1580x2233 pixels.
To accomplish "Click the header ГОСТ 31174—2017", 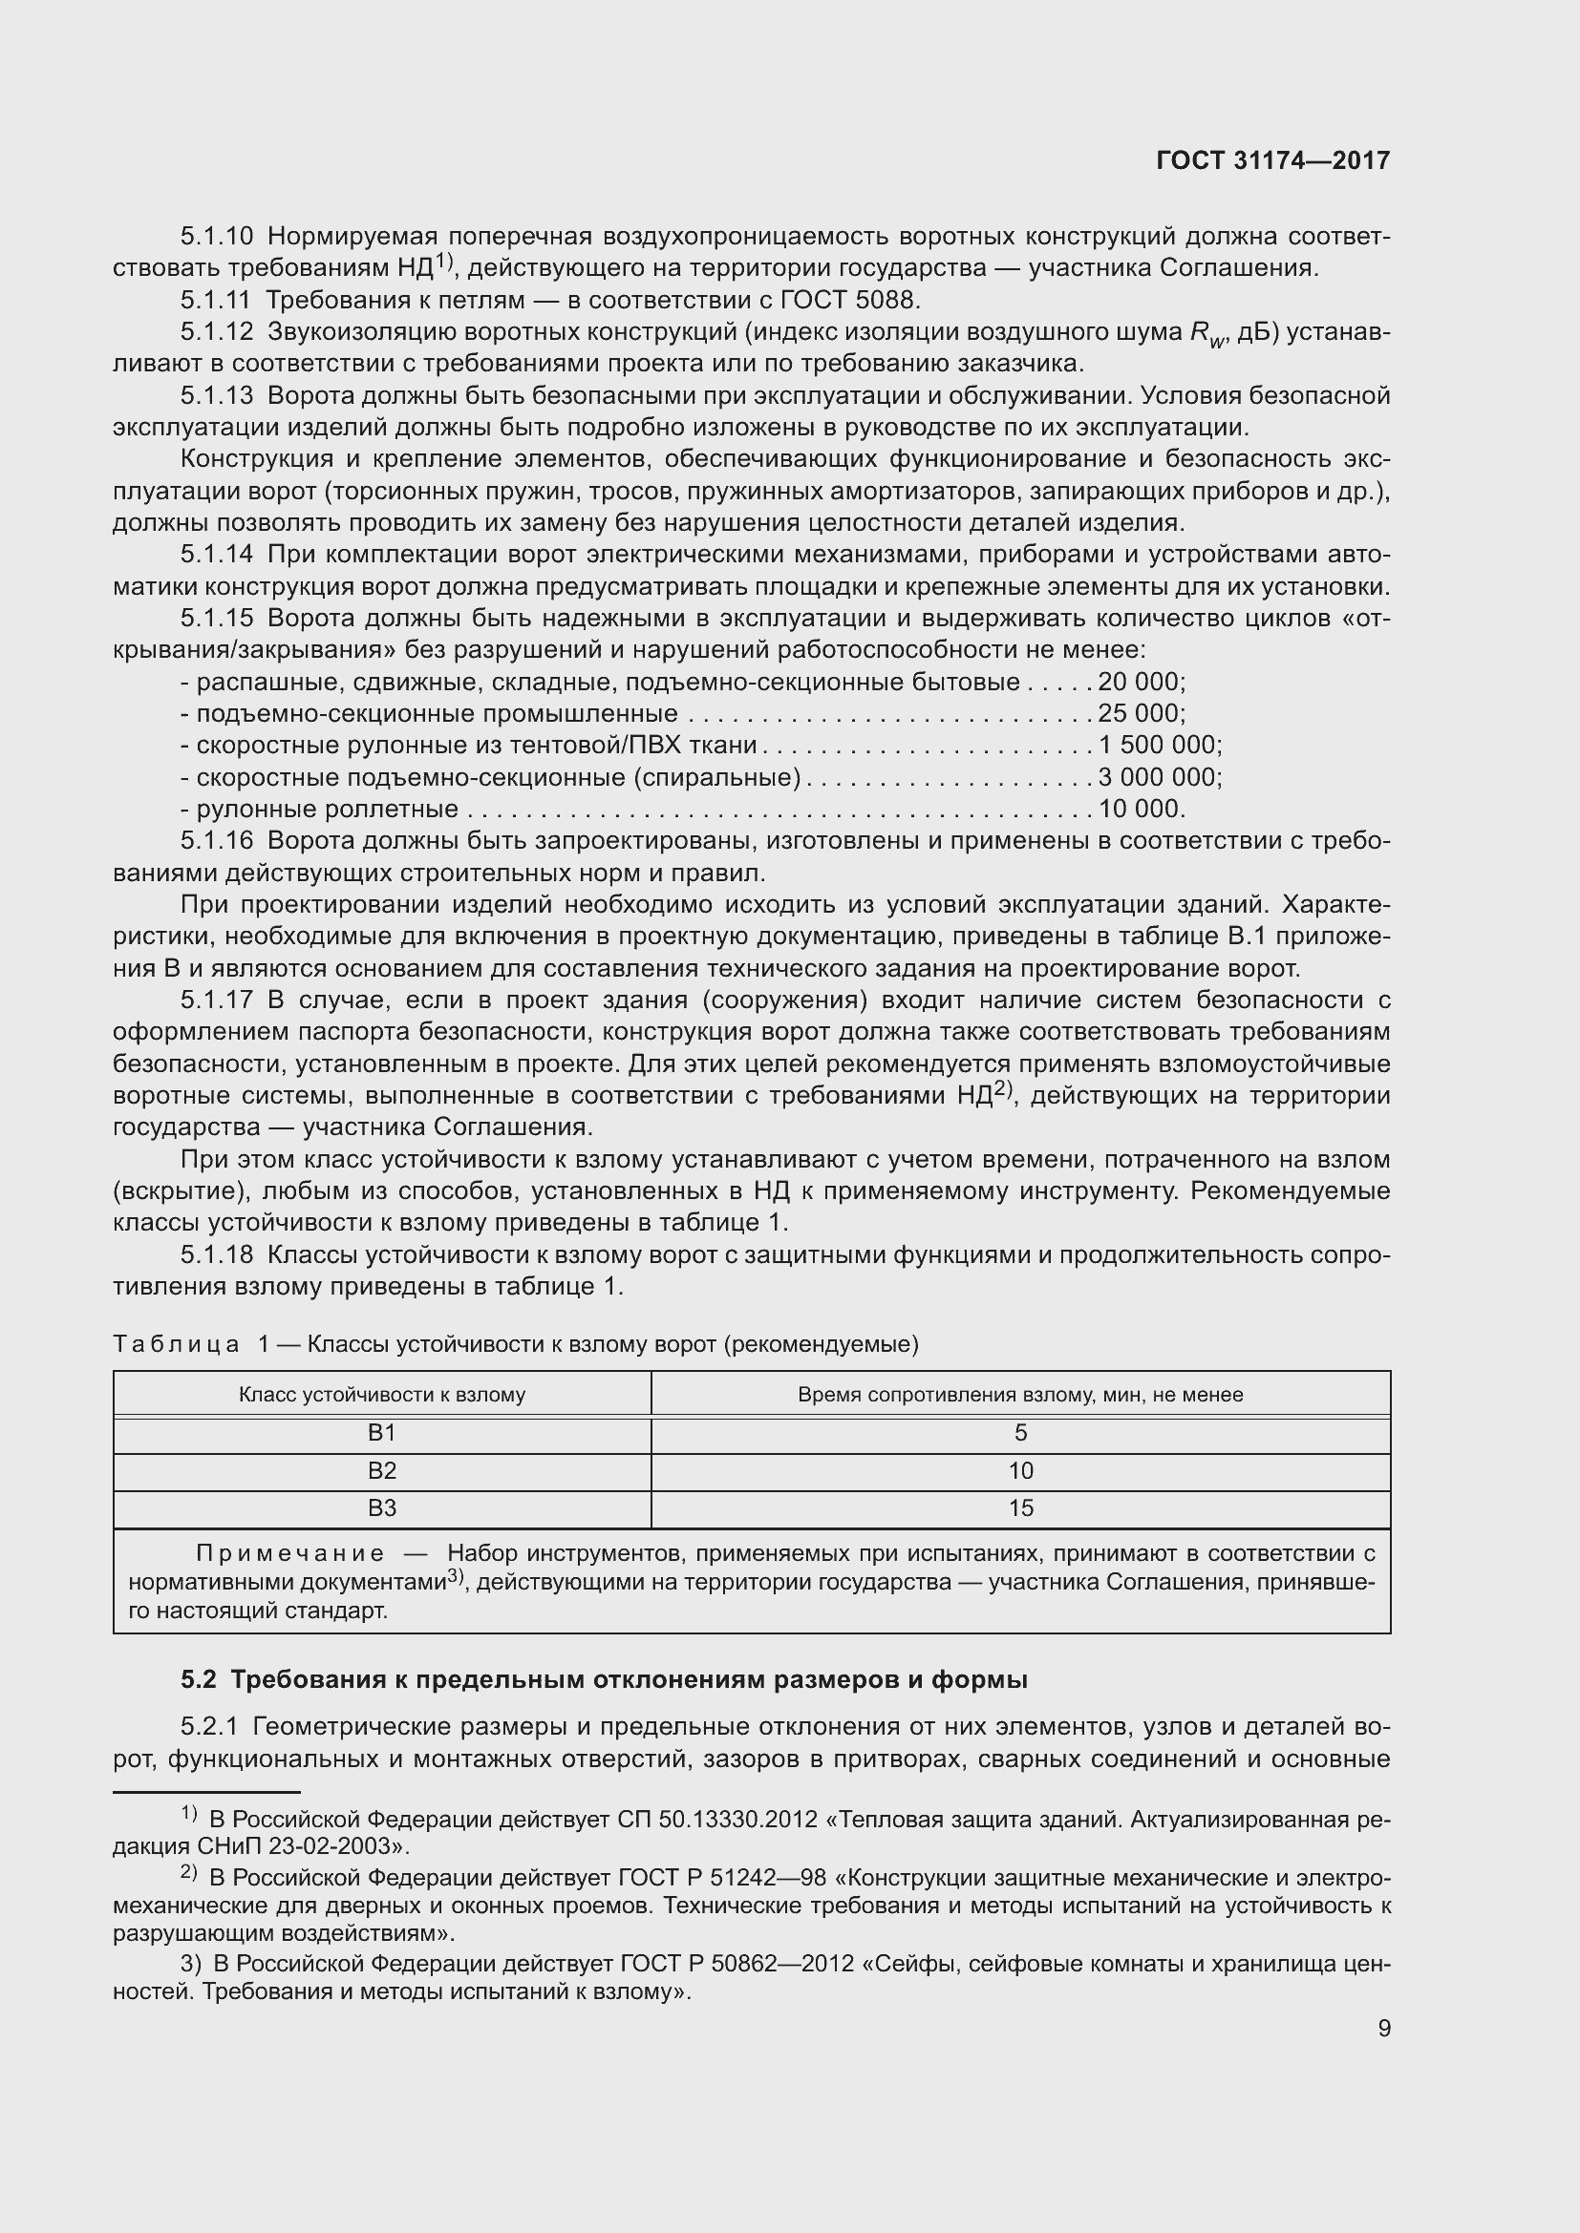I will [1272, 160].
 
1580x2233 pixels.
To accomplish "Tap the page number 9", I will [1383, 2029].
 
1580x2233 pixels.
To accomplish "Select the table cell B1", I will [381, 1433].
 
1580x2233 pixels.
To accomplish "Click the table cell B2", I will [381, 1470].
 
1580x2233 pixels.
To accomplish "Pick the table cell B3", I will [381, 1507].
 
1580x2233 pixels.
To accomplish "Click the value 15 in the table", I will [1020, 1507].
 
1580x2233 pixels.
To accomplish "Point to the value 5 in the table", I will [1020, 1433].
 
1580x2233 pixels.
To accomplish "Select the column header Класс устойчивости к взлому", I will [381, 1395].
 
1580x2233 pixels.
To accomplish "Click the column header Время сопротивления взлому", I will [1019, 1395].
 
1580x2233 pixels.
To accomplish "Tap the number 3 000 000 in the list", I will [1157, 777].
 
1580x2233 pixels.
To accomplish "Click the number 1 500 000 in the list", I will [1157, 745].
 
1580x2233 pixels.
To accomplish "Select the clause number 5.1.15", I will [217, 619].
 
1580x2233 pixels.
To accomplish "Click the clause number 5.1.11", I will [215, 300].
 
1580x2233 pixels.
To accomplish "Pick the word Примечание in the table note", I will [290, 1553].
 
